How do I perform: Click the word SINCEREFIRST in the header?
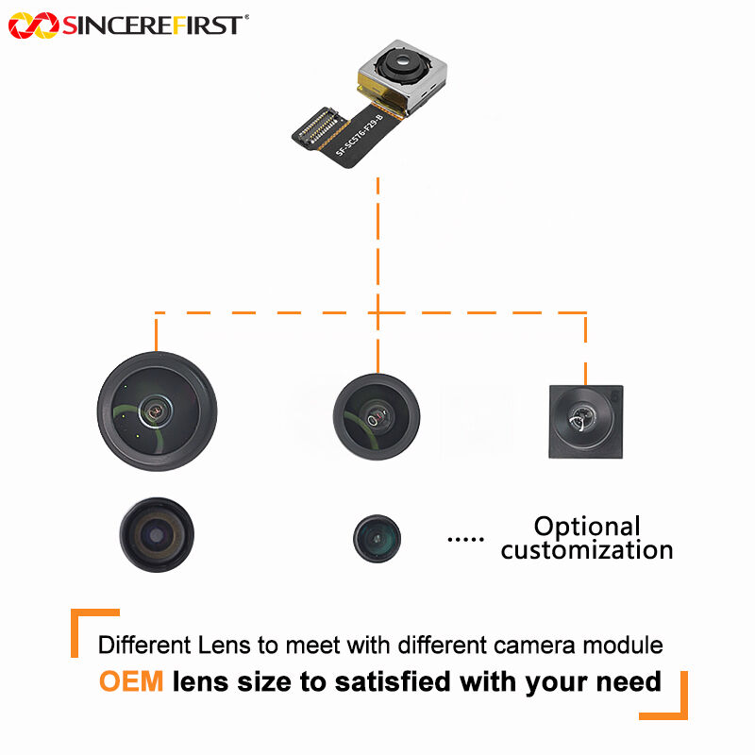coord(151,25)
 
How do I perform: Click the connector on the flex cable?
coord(317,132)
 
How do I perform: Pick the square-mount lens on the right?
coord(586,422)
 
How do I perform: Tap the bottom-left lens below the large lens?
coord(158,535)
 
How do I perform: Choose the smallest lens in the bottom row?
coord(377,538)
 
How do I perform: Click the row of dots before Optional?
coord(464,539)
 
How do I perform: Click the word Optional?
coord(587,527)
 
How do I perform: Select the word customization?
coord(587,549)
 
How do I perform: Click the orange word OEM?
coord(130,680)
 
